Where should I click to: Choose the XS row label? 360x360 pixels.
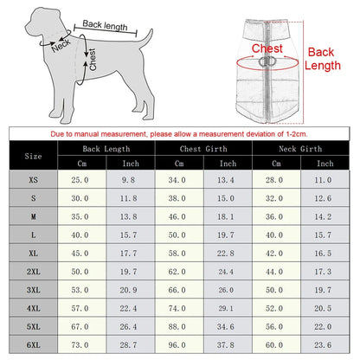(x=34, y=178)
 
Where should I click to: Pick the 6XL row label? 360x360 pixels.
(x=34, y=344)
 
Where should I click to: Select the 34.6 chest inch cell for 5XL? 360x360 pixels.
(x=227, y=325)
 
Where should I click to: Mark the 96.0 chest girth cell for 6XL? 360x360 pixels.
(x=177, y=344)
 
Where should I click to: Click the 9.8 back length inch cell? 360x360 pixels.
(x=130, y=178)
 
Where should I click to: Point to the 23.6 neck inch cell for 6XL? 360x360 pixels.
(x=324, y=344)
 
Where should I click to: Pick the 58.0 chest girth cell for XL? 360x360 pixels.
(x=177, y=252)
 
